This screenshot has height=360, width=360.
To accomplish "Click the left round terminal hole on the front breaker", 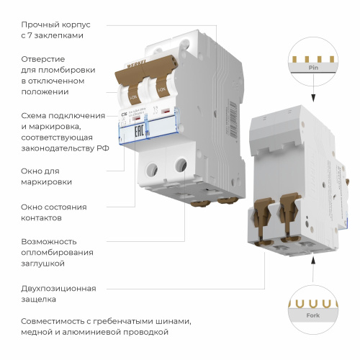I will click(152, 170).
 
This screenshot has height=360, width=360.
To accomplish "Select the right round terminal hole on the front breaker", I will click(179, 166).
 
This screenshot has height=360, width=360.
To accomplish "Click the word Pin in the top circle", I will click(312, 66).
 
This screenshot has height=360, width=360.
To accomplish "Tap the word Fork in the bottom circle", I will click(312, 314).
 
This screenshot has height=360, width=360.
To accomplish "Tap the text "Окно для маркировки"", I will click(47, 177).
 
